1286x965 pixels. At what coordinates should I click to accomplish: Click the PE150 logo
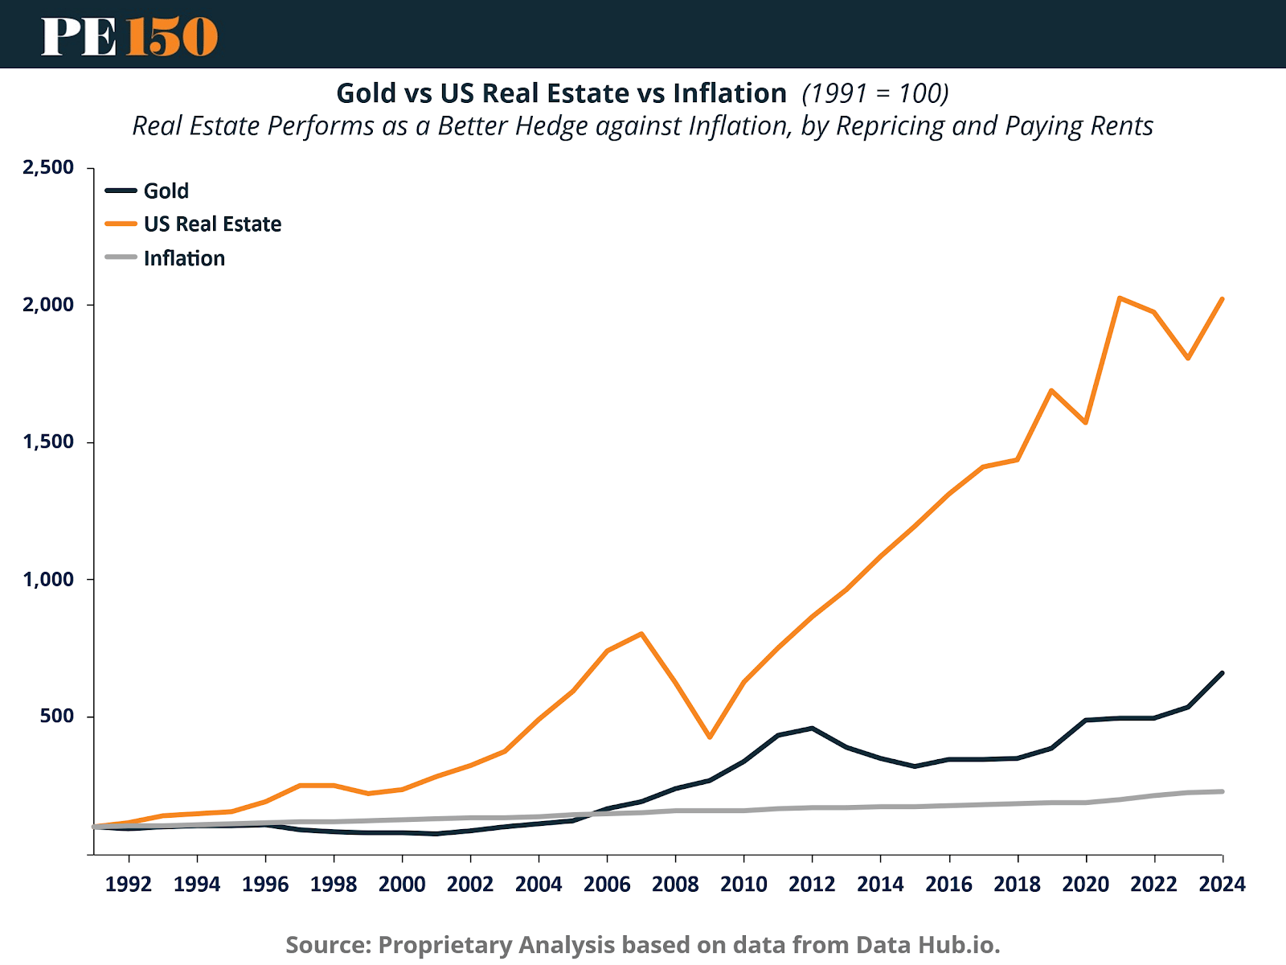pyautogui.click(x=129, y=36)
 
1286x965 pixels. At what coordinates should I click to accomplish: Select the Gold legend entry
pyautogui.click(x=166, y=191)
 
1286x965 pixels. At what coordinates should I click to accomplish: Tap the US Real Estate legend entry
pyautogui.click(x=212, y=224)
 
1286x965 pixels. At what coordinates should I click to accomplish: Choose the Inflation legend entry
pyautogui.click(x=184, y=258)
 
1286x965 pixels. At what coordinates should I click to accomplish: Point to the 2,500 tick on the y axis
pyautogui.click(x=48, y=167)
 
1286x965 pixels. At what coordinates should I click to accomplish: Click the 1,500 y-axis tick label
pyautogui.click(x=48, y=441)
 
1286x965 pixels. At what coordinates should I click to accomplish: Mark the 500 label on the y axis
pyautogui.click(x=57, y=716)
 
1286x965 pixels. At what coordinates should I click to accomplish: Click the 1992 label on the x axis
pyautogui.click(x=129, y=885)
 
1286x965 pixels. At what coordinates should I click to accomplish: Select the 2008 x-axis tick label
pyautogui.click(x=675, y=885)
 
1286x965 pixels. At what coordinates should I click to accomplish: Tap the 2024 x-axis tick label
pyautogui.click(x=1222, y=885)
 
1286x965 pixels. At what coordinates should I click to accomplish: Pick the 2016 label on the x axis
pyautogui.click(x=948, y=885)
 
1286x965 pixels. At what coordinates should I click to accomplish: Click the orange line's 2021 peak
pyautogui.click(x=1120, y=298)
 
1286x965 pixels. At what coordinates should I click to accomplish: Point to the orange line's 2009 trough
pyautogui.click(x=710, y=737)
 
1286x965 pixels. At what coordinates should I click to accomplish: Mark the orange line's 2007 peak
pyautogui.click(x=641, y=634)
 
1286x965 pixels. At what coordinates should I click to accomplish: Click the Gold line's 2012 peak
pyautogui.click(x=812, y=728)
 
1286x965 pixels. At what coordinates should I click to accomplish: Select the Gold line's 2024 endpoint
pyautogui.click(x=1222, y=673)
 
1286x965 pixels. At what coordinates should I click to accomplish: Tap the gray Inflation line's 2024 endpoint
pyautogui.click(x=1222, y=791)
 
